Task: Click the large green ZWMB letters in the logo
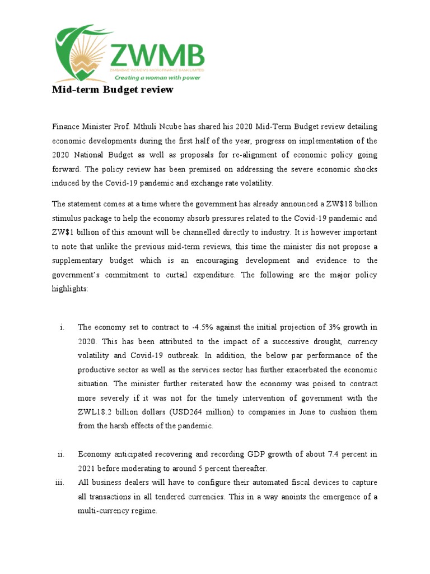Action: click(x=157, y=56)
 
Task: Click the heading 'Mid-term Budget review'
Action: click(x=113, y=90)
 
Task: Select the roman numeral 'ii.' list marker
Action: click(x=61, y=455)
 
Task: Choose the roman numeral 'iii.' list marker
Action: click(x=60, y=483)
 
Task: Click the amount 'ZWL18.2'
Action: click(x=96, y=413)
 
